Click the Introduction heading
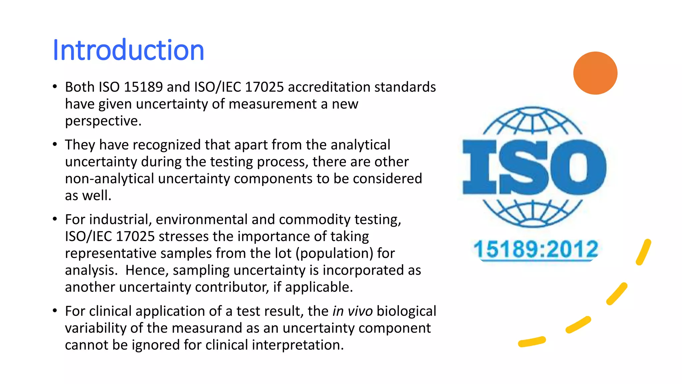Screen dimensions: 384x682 128,50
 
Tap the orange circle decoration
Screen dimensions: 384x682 595,73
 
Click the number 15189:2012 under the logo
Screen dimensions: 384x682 536,249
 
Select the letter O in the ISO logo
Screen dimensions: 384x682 578,167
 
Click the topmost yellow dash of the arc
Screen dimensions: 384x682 643,252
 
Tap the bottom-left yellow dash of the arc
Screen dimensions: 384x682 532,342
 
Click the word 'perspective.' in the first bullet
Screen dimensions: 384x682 103,121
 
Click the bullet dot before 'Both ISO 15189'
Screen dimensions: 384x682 55,87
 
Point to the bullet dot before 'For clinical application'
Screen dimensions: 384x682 55,311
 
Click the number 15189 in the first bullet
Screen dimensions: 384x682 143,87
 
